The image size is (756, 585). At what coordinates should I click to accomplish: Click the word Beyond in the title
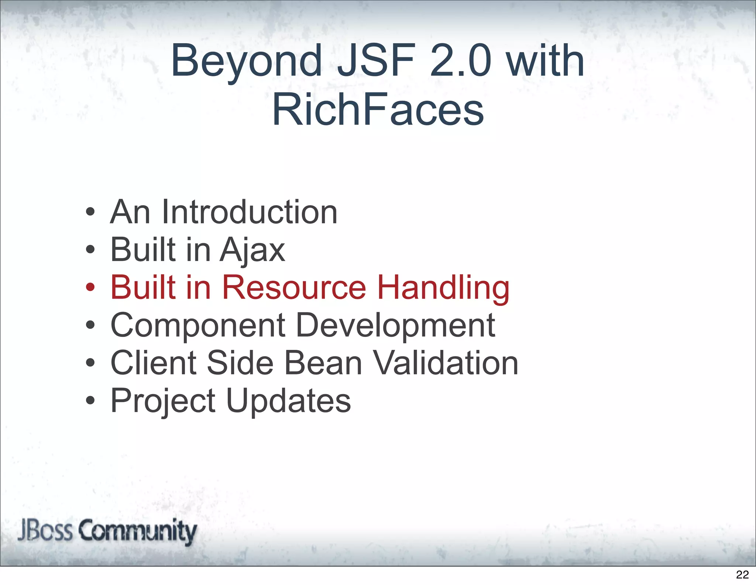click(x=246, y=61)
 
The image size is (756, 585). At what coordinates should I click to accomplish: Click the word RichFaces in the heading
click(x=378, y=109)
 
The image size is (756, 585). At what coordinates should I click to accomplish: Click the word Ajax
click(x=252, y=251)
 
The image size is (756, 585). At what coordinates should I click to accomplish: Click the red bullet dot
click(x=90, y=287)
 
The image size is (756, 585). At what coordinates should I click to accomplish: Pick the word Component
click(x=198, y=326)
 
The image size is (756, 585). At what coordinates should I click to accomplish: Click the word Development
click(x=395, y=326)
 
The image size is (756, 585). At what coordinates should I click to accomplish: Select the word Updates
click(x=288, y=401)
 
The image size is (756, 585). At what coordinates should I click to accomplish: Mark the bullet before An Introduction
click(x=90, y=212)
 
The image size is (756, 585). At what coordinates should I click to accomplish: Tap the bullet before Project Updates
click(x=90, y=400)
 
